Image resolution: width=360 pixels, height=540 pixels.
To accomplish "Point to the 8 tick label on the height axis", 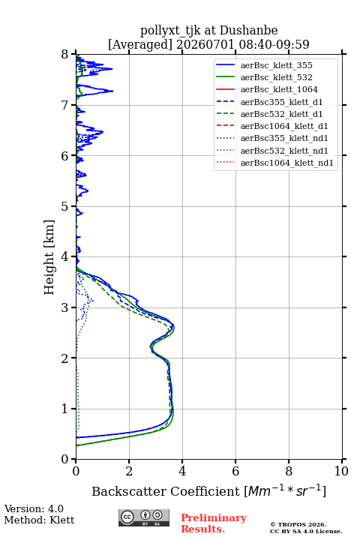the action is click(65, 55).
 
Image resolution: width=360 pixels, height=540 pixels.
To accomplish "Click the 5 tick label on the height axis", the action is click(65, 207).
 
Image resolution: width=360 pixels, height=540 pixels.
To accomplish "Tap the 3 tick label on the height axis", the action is click(65, 307).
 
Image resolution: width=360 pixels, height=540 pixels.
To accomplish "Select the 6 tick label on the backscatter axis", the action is click(235, 471).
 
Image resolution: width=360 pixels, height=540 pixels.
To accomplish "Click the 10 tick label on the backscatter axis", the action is click(341, 471).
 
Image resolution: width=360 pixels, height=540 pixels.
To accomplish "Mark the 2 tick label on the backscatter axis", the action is click(129, 471).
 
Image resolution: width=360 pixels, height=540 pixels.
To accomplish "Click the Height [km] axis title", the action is click(49, 257).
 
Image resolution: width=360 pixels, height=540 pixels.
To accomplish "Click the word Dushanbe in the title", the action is click(248, 31).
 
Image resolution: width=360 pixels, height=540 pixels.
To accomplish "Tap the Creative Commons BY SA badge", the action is click(144, 517).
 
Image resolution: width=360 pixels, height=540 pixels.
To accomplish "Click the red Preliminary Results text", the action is click(214, 523).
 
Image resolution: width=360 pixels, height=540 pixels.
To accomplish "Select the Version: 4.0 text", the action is click(34, 508).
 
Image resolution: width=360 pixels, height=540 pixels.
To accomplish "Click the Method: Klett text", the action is click(39, 520).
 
